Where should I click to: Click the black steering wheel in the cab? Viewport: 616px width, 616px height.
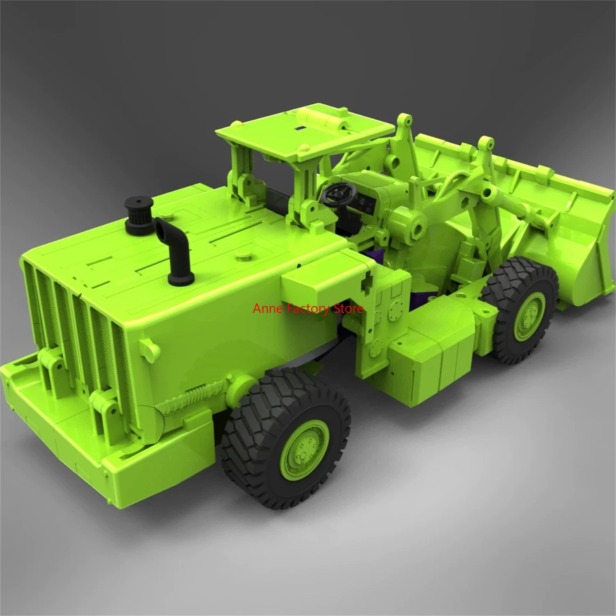tap(339, 192)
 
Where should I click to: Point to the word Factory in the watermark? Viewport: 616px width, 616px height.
tap(308, 309)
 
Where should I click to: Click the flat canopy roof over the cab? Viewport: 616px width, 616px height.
tap(304, 131)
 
